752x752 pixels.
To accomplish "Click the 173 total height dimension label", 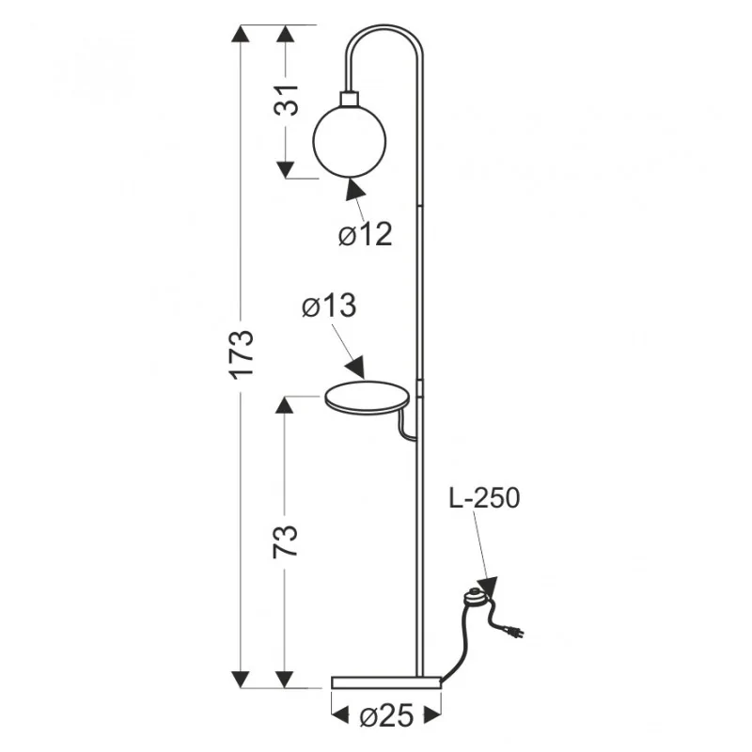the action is (x=243, y=354).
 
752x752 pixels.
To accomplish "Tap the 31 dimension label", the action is (x=286, y=101).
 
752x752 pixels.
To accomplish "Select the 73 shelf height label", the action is (x=286, y=542).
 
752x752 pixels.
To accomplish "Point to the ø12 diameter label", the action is (x=365, y=234).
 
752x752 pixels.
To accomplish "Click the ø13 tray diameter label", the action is (x=329, y=305).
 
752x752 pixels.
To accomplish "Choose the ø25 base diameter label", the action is (x=386, y=716).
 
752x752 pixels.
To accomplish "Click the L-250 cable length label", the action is (x=484, y=498).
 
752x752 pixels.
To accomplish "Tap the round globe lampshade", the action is (x=349, y=141).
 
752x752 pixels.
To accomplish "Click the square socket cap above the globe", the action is (x=349, y=99).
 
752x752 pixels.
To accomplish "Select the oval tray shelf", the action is (x=368, y=398).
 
